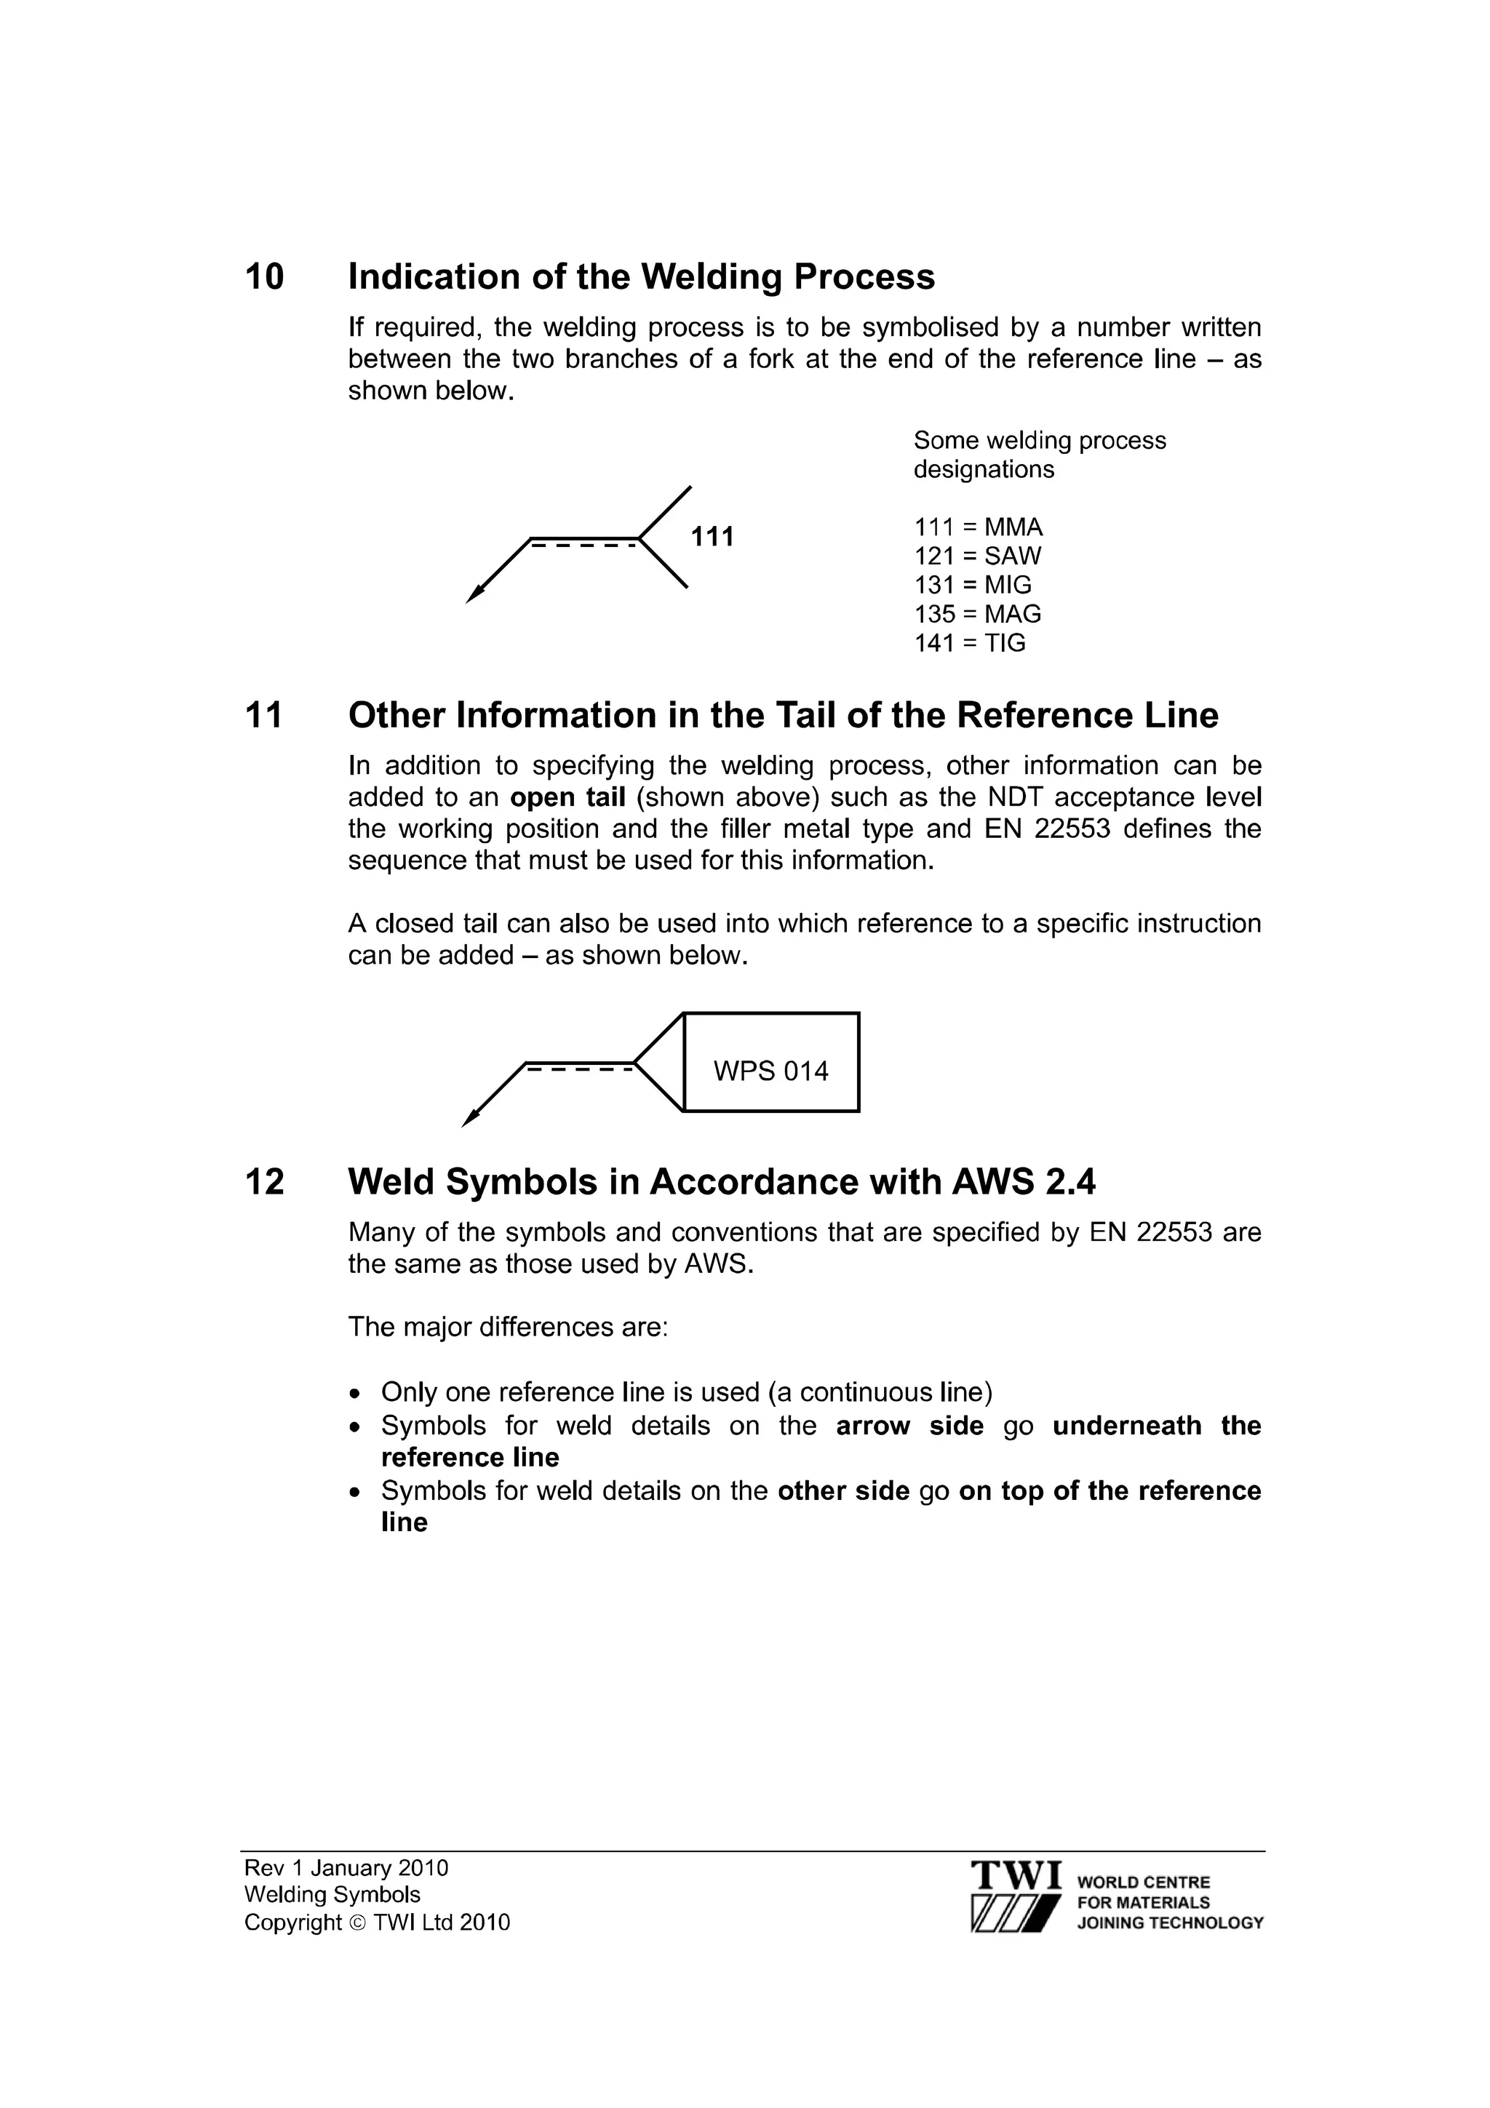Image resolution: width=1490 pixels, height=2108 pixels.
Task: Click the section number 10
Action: pos(264,277)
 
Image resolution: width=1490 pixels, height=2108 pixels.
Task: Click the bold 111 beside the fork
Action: pos(712,537)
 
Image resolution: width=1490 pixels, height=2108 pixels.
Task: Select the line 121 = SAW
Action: pos(977,556)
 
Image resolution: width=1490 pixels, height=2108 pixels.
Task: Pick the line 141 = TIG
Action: pos(970,643)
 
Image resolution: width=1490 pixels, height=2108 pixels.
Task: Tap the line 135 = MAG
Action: pos(977,614)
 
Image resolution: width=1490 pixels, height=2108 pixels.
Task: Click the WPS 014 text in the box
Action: pos(770,1071)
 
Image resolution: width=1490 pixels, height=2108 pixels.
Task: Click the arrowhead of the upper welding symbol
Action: pos(474,595)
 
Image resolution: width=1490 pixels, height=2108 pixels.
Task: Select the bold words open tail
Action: pos(567,797)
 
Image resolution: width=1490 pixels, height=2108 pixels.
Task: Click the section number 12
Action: pos(264,1183)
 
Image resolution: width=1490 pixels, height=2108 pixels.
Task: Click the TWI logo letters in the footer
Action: pos(1016,1873)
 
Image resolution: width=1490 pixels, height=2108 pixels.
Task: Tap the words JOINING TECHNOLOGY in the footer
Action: pos(1170,1923)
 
